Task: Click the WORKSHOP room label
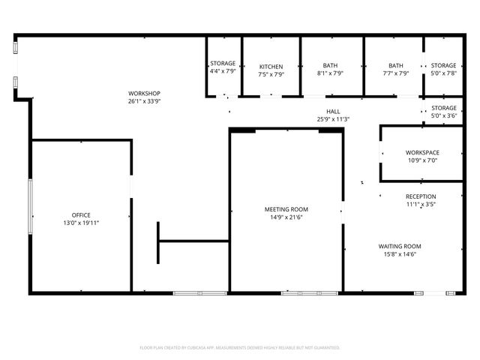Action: [x=145, y=93]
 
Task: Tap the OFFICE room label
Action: [x=81, y=214]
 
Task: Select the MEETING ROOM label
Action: [x=286, y=209]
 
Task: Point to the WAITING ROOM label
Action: [x=399, y=246]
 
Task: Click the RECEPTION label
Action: [x=421, y=196]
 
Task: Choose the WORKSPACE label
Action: [x=422, y=152]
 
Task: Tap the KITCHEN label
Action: [x=271, y=66]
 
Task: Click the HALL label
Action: [x=333, y=111]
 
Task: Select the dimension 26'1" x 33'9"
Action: [x=145, y=101]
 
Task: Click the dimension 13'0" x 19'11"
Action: [x=81, y=223]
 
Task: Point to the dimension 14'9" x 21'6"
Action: [x=286, y=217]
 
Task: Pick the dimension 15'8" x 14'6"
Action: [x=399, y=254]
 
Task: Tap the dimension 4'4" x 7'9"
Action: [x=223, y=71]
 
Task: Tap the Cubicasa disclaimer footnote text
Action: [x=240, y=348]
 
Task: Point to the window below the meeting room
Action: [x=310, y=292]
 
